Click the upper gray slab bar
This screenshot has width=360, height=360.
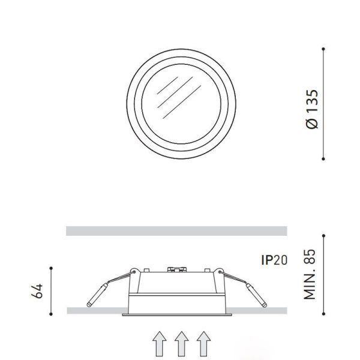(x=177, y=231)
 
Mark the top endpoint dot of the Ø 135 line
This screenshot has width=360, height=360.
(x=323, y=49)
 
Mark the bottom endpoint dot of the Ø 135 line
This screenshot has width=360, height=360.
(x=323, y=159)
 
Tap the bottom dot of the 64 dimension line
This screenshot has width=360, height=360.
(x=52, y=313)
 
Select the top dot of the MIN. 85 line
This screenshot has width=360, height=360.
(x=323, y=235)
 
